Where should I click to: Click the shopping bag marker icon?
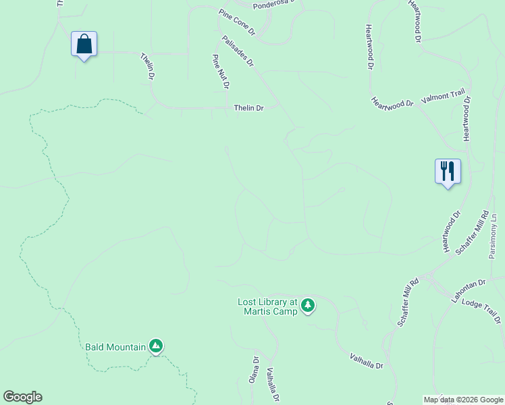pyautogui.click(x=84, y=45)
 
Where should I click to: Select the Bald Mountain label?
pyautogui.click(x=115, y=347)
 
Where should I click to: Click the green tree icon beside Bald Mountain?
pyautogui.click(x=156, y=346)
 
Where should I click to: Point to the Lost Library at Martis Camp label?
pyautogui.click(x=267, y=306)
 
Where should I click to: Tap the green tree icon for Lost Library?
pyautogui.click(x=308, y=306)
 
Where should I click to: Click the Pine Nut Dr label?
pyautogui.click(x=221, y=72)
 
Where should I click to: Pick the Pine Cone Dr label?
pyautogui.click(x=237, y=22)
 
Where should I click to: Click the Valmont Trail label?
pyautogui.click(x=444, y=98)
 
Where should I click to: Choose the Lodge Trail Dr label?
pyautogui.click(x=482, y=313)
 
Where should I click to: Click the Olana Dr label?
pyautogui.click(x=255, y=370)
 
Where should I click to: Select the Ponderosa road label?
pyautogui.click(x=275, y=5)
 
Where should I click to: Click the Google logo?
pyautogui.click(x=22, y=396)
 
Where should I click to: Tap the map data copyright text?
pyautogui.click(x=462, y=400)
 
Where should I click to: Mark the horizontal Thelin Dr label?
pyautogui.click(x=248, y=107)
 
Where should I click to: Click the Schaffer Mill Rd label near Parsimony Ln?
pyautogui.click(x=472, y=233)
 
